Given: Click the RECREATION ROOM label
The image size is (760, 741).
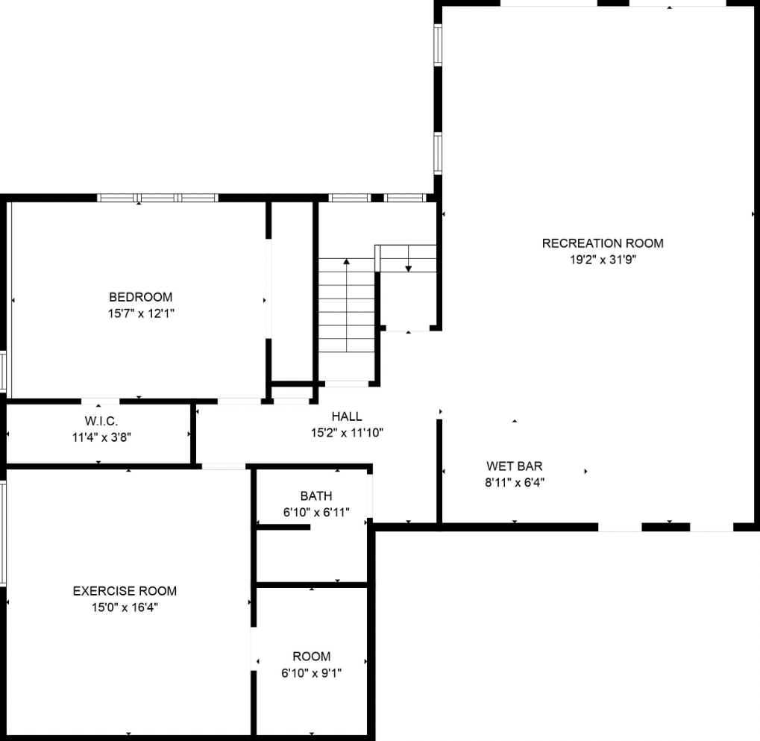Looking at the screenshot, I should [602, 243].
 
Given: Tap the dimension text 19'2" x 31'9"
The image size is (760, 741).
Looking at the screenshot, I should [602, 260].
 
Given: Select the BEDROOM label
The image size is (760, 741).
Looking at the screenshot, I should [140, 297].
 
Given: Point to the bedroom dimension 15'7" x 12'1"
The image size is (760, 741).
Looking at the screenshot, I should [140, 313].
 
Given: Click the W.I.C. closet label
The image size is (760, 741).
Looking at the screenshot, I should [100, 422].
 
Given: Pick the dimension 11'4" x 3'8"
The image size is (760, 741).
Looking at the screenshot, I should [99, 437].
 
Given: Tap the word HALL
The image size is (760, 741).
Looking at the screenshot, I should [347, 416].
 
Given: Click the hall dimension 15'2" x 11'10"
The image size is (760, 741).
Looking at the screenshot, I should [347, 433].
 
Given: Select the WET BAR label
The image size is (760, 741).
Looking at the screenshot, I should [515, 466].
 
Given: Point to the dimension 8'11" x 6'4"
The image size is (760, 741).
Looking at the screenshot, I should [515, 483].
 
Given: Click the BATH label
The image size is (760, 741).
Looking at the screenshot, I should [316, 496].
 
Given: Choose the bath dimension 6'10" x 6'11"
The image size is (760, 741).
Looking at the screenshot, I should [316, 513].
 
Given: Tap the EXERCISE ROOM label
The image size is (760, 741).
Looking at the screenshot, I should [125, 591].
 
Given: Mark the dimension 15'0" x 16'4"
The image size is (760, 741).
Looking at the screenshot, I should [125, 607].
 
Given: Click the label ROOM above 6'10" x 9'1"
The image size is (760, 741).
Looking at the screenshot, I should [311, 657].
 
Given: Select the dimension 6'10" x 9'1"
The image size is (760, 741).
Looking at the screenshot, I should [311, 673].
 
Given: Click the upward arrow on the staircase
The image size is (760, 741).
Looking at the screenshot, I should [347, 263].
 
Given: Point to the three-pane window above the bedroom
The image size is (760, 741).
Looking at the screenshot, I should [157, 198].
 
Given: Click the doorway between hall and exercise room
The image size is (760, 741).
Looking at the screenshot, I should [224, 467].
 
